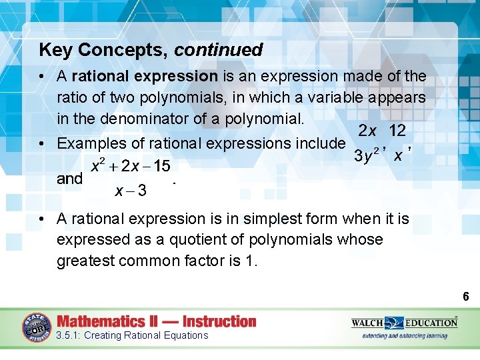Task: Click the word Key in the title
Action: point(53,50)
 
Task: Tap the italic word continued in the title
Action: point(219,50)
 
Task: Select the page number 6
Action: point(467,296)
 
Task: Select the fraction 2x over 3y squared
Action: point(369,143)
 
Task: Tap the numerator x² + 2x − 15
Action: point(131,165)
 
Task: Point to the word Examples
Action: point(91,143)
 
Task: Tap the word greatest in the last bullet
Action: point(83,261)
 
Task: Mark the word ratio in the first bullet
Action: point(72,98)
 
